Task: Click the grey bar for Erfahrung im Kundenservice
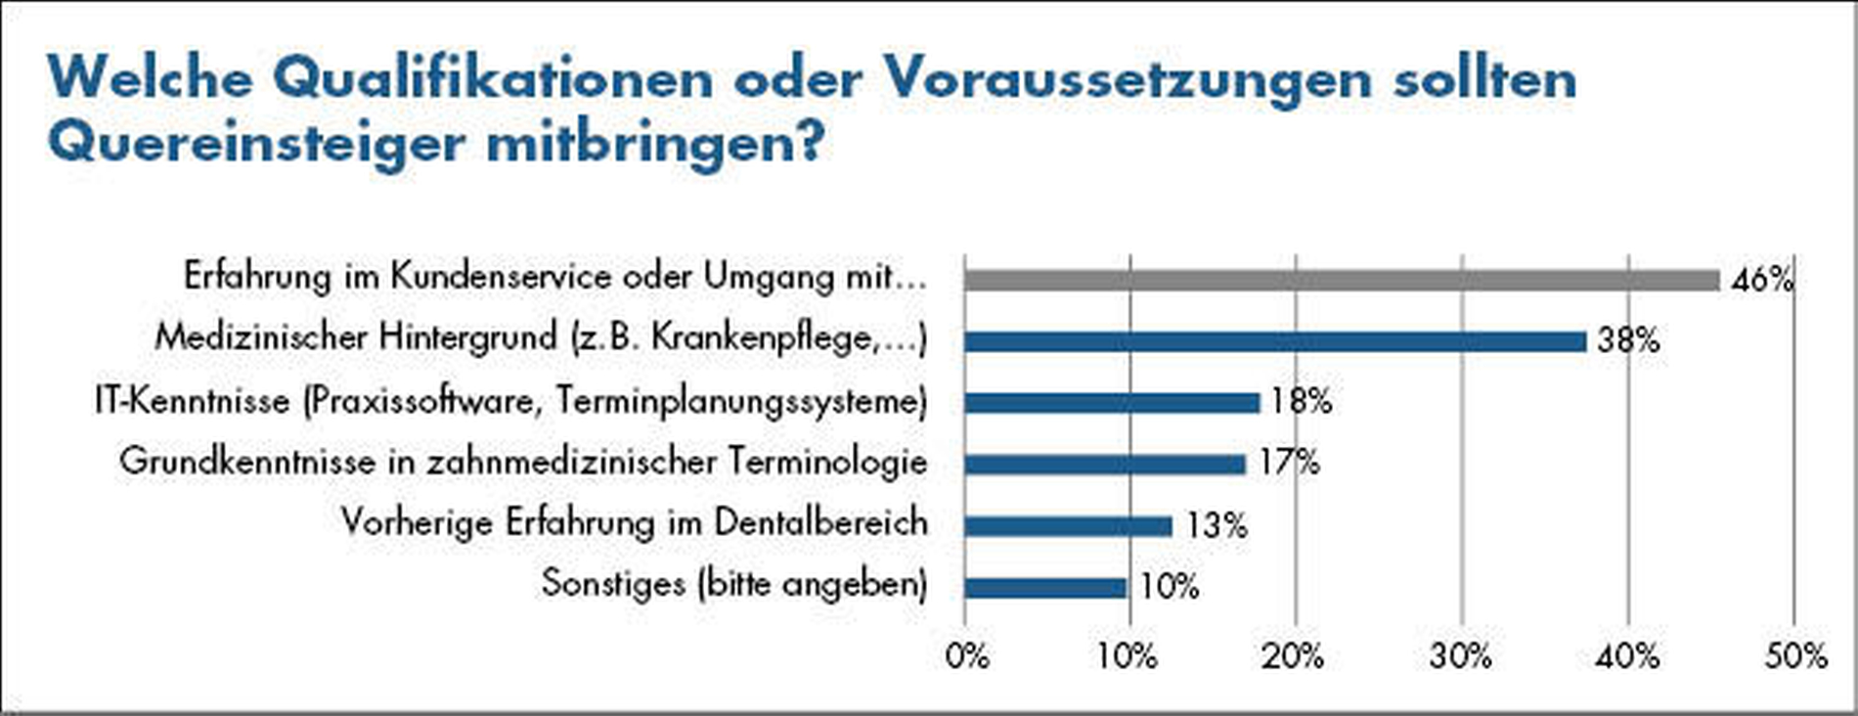click(x=1341, y=281)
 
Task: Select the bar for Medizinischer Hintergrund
click(x=1274, y=341)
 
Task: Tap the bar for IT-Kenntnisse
click(x=1111, y=403)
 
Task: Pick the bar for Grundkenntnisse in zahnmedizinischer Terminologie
click(x=1104, y=464)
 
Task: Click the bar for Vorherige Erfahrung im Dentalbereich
click(x=1067, y=526)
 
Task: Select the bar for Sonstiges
click(x=1044, y=588)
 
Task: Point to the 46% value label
click(x=1762, y=281)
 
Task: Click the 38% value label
click(x=1628, y=340)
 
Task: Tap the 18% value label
click(x=1301, y=401)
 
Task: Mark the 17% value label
click(x=1289, y=462)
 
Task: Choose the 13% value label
click(x=1217, y=526)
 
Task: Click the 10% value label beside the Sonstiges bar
click(x=1169, y=587)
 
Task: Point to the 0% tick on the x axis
click(x=967, y=656)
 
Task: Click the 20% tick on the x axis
click(x=1292, y=656)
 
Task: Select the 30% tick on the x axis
click(x=1460, y=656)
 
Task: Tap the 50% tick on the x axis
click(x=1795, y=656)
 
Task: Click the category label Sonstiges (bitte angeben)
click(x=733, y=584)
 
